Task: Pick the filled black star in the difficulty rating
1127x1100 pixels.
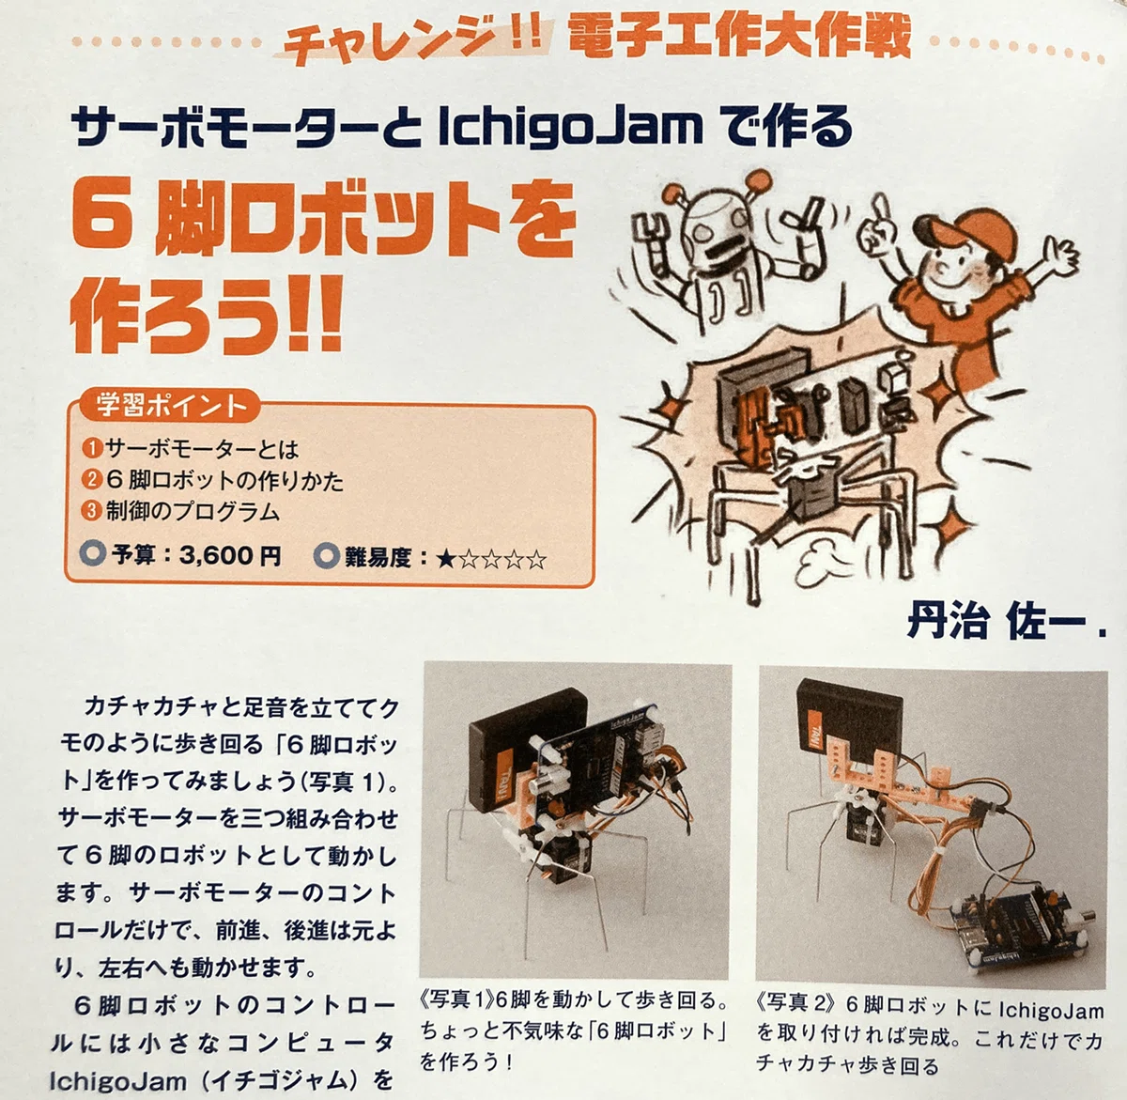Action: (x=446, y=560)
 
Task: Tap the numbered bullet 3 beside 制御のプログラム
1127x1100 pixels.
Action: (x=93, y=512)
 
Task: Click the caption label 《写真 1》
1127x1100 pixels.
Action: (x=457, y=1001)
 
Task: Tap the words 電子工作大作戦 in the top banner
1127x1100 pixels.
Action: (x=739, y=37)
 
